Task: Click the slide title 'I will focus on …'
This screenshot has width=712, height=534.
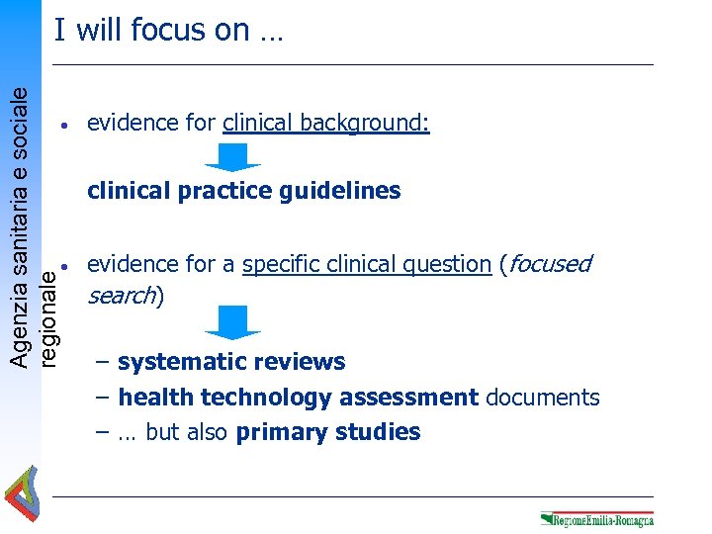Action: pyautogui.click(x=168, y=31)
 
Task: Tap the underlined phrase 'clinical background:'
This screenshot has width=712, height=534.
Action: pyautogui.click(x=326, y=124)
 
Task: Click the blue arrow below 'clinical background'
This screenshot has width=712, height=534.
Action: pyautogui.click(x=232, y=157)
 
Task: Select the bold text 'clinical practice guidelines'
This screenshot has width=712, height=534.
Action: pyautogui.click(x=243, y=191)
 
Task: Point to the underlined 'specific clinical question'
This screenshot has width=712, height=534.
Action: pyautogui.click(x=366, y=264)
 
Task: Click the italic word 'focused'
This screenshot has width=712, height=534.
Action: pyautogui.click(x=550, y=264)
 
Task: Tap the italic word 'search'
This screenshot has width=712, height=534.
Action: pyautogui.click(x=122, y=296)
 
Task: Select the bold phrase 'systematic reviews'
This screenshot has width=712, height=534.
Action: pyautogui.click(x=231, y=362)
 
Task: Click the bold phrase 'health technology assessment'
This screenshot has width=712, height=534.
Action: pyautogui.click(x=298, y=398)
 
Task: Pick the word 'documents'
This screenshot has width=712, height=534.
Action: pyautogui.click(x=543, y=398)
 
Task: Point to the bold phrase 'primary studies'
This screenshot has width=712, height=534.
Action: pyautogui.click(x=328, y=432)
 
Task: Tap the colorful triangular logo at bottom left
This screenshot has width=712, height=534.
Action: pyautogui.click(x=21, y=493)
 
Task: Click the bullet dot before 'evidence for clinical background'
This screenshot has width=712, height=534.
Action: pyautogui.click(x=62, y=127)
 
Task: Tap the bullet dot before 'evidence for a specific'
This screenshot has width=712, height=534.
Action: pyautogui.click(x=62, y=267)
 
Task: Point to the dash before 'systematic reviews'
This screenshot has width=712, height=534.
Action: pyautogui.click(x=103, y=363)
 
